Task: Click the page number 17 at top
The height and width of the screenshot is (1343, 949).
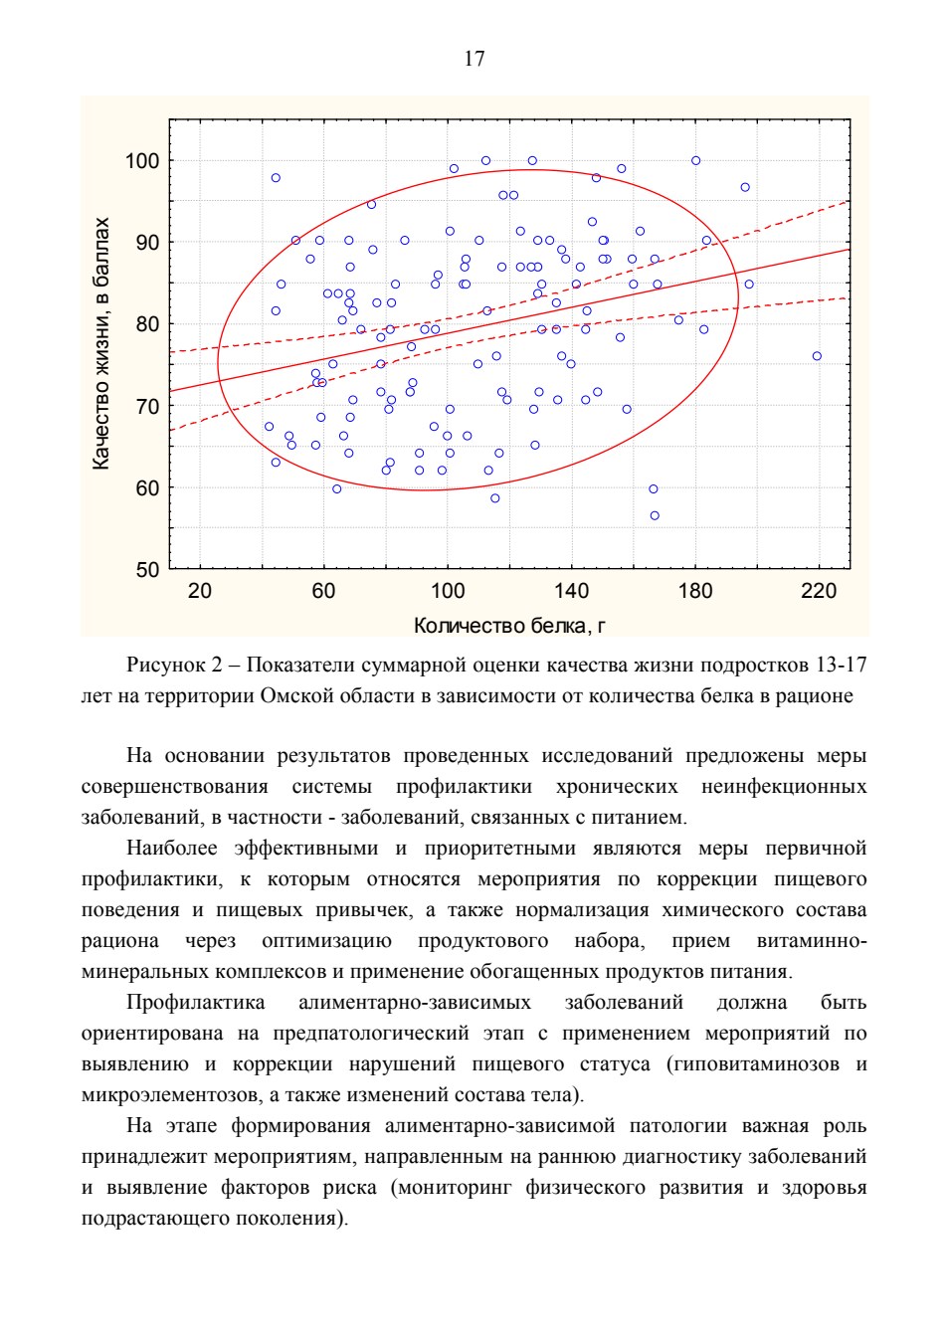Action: click(474, 59)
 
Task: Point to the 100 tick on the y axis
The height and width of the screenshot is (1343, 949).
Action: click(141, 161)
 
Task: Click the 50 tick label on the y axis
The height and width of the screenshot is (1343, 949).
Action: click(147, 570)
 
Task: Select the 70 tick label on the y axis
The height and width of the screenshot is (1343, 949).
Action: click(147, 407)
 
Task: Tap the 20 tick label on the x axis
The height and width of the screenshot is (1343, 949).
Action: click(200, 591)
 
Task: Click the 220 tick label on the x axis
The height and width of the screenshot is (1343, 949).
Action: click(819, 591)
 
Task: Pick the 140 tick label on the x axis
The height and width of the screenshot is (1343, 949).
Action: click(571, 591)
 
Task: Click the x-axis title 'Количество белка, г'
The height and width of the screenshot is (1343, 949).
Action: click(509, 626)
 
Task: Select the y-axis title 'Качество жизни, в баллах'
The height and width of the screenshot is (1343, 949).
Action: click(101, 343)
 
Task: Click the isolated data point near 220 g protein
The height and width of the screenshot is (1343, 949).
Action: click(817, 356)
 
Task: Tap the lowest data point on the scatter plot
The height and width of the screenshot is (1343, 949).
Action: click(655, 515)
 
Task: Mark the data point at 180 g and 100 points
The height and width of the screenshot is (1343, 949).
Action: click(695, 161)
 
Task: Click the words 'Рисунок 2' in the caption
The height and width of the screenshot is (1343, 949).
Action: click(174, 666)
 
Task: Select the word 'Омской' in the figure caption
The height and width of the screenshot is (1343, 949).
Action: click(294, 696)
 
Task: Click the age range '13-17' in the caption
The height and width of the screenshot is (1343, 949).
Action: click(842, 666)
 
